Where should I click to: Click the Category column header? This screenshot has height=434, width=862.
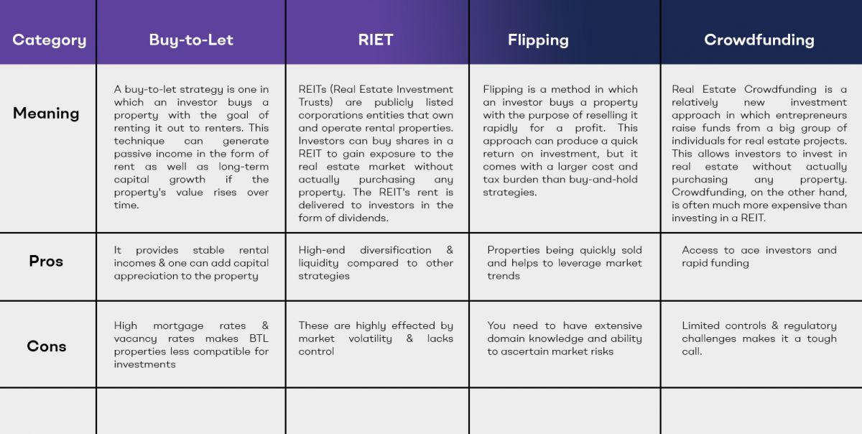pos(50,40)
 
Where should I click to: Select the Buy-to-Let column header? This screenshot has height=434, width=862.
pos(191,40)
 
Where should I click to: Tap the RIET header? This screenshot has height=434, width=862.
pos(376,40)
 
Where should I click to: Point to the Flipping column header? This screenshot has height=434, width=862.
pos(538,40)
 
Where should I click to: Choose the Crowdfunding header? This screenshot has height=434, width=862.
pos(759,40)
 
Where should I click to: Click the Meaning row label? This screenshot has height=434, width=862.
pos(46,114)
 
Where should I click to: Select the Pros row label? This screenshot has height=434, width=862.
pos(46,261)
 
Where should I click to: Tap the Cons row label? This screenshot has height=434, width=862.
pos(47,346)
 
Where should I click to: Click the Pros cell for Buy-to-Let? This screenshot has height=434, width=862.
pos(191,263)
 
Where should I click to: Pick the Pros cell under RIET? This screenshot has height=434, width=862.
pos(376,263)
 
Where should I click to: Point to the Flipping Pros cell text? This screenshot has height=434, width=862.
pos(565,263)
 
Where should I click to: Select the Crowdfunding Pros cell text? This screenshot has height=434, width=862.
pos(759,257)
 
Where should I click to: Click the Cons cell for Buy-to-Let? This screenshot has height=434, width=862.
pos(191,345)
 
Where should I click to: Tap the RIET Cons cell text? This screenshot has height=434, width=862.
pos(376,338)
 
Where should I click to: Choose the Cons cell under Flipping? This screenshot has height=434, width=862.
pos(565,338)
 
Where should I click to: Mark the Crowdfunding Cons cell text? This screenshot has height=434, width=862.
pos(759,338)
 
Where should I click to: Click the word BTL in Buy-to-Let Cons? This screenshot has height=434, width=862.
pos(259,338)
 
